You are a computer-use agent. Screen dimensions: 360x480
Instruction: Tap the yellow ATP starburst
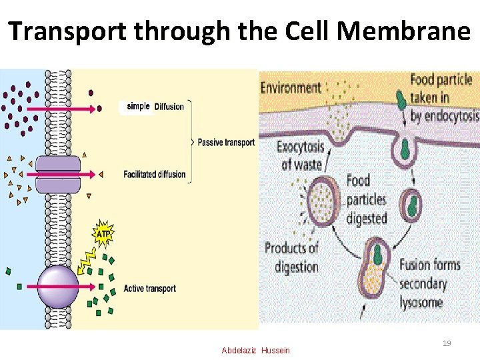(x=103, y=233)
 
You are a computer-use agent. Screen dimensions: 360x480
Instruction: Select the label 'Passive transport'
(x=226, y=142)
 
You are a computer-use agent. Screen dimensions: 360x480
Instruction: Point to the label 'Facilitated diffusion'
(x=155, y=175)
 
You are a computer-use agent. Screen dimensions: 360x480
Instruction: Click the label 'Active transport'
(x=150, y=289)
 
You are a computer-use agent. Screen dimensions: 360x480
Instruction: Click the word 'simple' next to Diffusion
(x=138, y=107)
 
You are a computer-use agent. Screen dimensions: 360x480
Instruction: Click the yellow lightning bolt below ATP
(x=90, y=260)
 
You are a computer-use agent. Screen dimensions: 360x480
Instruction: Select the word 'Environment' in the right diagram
(x=291, y=87)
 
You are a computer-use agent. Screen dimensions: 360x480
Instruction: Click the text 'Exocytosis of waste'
(x=299, y=155)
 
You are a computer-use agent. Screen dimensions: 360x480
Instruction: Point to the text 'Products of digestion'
(x=292, y=257)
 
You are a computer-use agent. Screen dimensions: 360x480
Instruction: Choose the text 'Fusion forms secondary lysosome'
(x=430, y=283)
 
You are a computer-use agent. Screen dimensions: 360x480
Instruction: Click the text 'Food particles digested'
(x=367, y=199)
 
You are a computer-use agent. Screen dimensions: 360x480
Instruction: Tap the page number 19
(x=447, y=343)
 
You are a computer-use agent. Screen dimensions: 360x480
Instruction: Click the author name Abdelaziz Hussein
(x=256, y=351)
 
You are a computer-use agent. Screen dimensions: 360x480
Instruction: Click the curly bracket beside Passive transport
(x=189, y=141)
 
